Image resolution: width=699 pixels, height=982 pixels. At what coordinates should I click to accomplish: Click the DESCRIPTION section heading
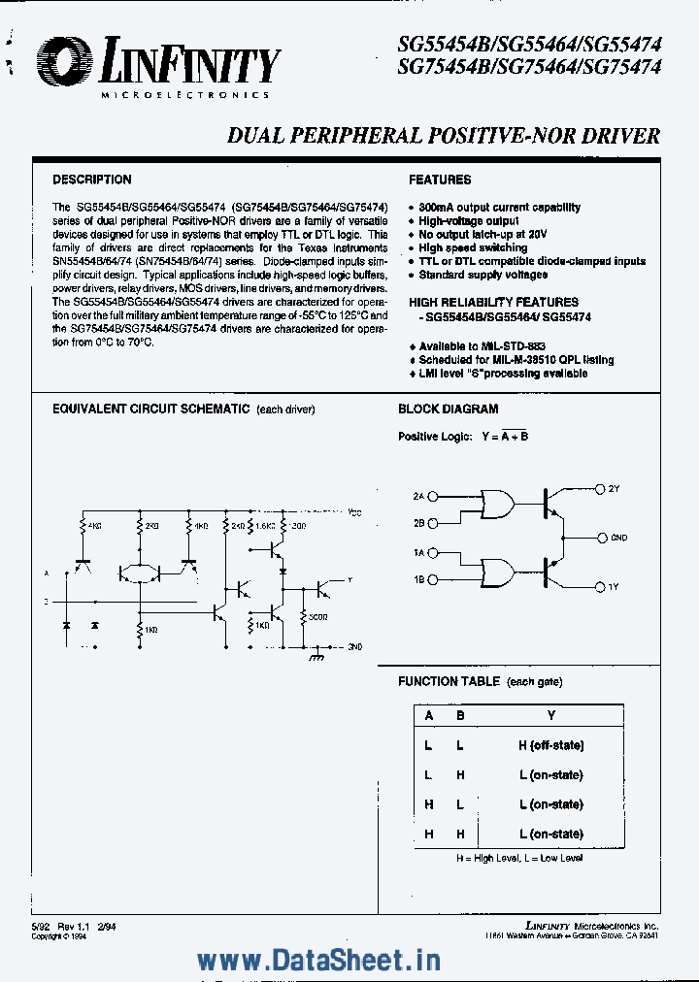click(x=91, y=180)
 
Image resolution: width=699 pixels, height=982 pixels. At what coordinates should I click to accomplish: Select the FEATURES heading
click(x=440, y=180)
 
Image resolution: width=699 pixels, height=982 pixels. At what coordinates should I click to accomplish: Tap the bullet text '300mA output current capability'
click(x=500, y=207)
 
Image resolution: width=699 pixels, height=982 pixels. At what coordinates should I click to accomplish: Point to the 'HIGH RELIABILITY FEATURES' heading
click(x=493, y=303)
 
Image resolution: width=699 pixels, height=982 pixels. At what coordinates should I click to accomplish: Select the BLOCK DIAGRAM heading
click(x=448, y=409)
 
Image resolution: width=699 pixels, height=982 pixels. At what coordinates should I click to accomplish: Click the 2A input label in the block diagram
click(x=418, y=496)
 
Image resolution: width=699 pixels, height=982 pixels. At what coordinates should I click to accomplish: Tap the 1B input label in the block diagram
click(x=418, y=579)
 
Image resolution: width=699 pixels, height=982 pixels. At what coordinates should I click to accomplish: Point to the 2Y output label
click(x=614, y=488)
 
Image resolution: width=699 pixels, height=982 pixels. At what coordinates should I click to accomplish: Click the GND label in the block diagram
click(x=618, y=537)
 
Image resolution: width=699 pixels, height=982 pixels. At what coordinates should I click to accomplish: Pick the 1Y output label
click(x=614, y=587)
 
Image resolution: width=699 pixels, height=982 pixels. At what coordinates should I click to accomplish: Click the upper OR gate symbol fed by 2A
click(x=496, y=505)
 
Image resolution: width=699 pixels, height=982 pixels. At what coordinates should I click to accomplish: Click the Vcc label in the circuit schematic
click(x=355, y=510)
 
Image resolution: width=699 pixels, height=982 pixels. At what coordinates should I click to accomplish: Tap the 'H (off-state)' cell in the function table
click(x=550, y=745)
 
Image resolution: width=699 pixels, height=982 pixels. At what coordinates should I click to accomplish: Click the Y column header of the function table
click(x=550, y=715)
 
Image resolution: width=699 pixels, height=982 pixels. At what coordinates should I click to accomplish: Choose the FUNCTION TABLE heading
click(x=449, y=682)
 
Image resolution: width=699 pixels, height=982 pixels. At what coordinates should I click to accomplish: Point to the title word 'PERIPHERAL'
click(x=364, y=136)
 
